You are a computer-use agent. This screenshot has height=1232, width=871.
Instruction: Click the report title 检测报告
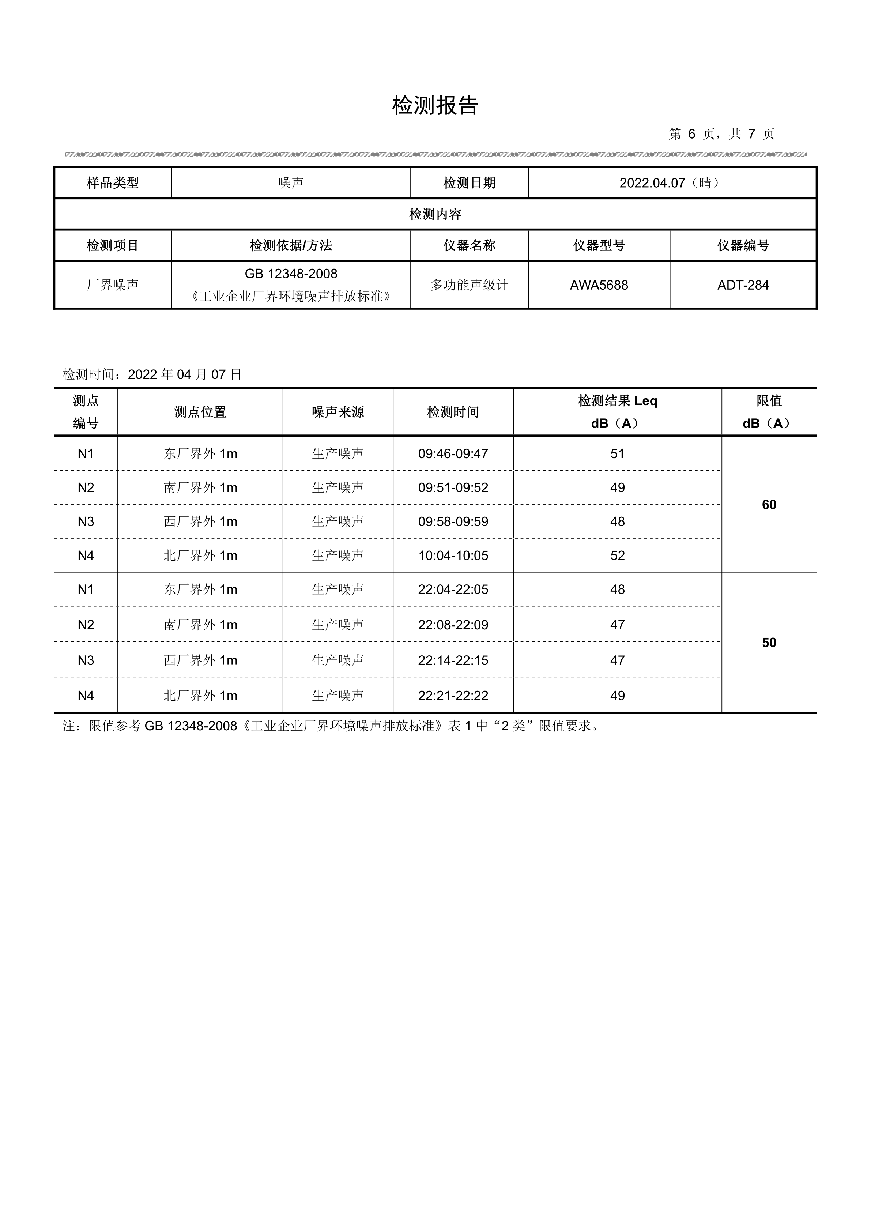tap(435, 106)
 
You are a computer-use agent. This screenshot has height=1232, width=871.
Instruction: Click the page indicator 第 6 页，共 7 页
tap(721, 134)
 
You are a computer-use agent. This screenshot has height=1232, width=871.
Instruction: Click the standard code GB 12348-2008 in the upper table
tap(291, 274)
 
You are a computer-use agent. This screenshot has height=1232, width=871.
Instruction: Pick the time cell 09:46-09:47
tap(453, 454)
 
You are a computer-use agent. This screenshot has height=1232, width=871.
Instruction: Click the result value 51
tap(617, 454)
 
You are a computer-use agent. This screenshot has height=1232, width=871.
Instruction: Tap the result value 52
tap(617, 555)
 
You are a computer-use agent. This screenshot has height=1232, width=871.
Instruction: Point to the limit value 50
tap(769, 643)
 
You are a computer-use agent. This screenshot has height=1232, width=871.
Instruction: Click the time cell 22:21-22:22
tap(453, 696)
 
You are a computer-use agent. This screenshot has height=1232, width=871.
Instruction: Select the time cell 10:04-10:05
tap(453, 555)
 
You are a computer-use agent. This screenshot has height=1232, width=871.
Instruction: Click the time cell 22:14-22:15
tap(453, 660)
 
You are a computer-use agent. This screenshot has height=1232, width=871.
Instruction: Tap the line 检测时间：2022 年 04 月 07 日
tap(152, 374)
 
